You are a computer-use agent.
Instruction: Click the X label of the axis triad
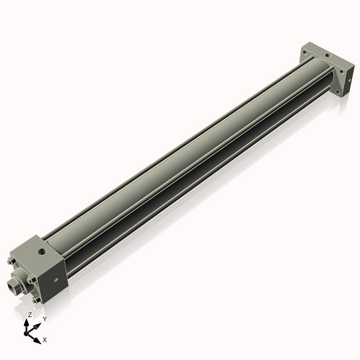tap(45, 338)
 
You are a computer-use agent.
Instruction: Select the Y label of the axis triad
tap(44, 318)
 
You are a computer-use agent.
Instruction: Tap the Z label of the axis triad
tap(29, 315)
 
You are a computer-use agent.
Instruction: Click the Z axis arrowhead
tap(27, 322)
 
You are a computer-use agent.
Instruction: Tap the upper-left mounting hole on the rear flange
tap(305, 53)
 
